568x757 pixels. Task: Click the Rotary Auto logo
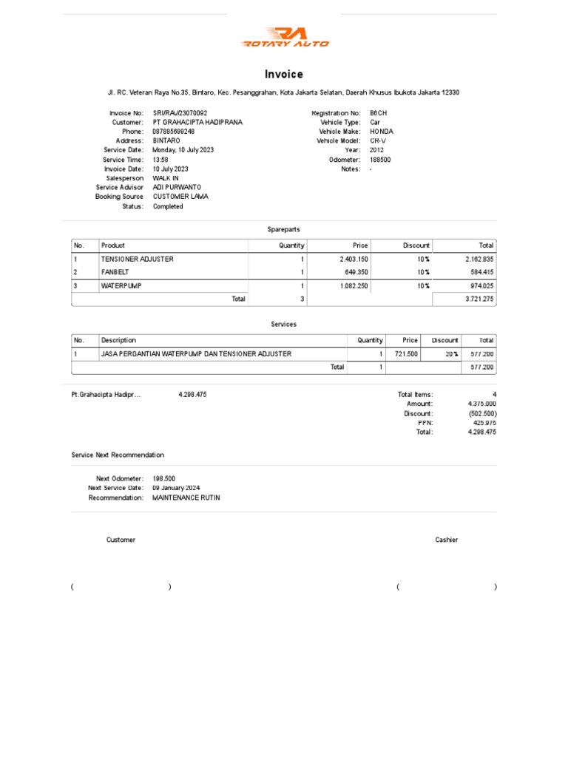point(285,37)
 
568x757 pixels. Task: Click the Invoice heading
point(284,74)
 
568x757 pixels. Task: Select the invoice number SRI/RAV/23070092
point(180,113)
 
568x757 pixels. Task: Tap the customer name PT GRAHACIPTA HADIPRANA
point(197,122)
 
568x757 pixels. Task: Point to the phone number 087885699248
point(174,132)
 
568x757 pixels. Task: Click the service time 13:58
point(160,160)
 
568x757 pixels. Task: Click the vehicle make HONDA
point(382,132)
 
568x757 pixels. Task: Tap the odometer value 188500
point(380,160)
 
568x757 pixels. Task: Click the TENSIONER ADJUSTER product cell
point(138,259)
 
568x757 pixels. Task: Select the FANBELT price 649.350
point(354,272)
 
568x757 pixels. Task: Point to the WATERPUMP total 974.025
point(481,285)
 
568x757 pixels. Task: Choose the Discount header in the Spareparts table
point(416,245)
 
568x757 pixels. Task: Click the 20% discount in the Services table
point(451,354)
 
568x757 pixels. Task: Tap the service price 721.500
point(406,354)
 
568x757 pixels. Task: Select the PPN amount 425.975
point(481,423)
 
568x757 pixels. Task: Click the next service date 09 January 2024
point(176,489)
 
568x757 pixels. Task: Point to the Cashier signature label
point(447,540)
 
